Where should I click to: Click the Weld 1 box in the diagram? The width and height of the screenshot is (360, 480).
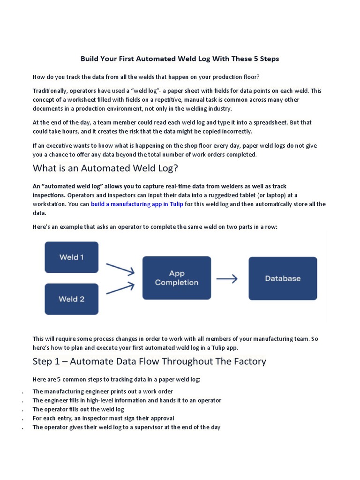tap(71, 257)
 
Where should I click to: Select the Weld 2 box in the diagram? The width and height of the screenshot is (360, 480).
tap(71, 299)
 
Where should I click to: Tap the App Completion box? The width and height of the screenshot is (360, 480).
tap(176, 278)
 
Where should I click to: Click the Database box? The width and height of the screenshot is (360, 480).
tap(283, 278)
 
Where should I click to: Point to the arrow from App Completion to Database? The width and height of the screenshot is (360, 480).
tap(227, 278)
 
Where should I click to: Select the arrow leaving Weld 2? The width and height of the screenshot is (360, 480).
tap(120, 287)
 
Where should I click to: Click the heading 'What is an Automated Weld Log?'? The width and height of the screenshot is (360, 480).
tap(105, 168)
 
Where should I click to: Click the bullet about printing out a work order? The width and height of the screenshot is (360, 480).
tap(103, 391)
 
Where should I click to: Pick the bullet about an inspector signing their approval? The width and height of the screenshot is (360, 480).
tap(103, 418)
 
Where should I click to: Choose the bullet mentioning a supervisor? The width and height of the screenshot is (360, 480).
tap(126, 427)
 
